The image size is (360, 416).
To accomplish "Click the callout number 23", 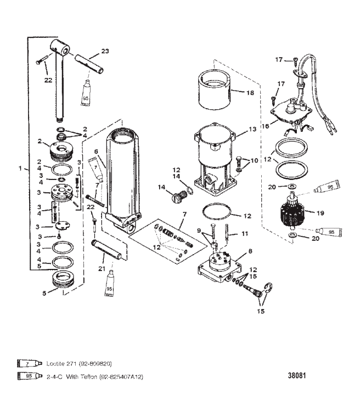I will pyautogui.click(x=105, y=51).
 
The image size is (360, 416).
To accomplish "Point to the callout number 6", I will pyautogui.click(x=95, y=151).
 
